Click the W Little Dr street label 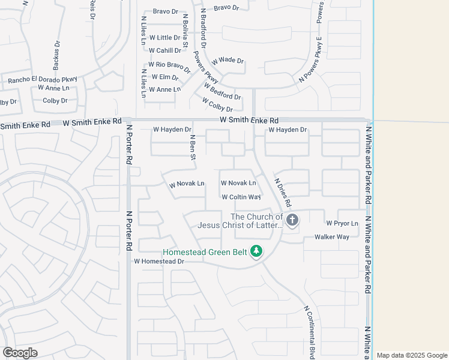(164, 38)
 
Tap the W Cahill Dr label (164, 51)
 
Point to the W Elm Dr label (165, 77)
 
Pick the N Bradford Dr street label (203, 28)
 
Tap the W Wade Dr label (228, 61)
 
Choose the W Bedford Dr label (222, 92)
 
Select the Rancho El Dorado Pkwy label (43, 79)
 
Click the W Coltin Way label (241, 197)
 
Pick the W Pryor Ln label (342, 224)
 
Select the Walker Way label (332, 237)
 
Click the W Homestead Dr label (158, 261)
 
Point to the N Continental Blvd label (309, 332)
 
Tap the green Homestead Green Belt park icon (256, 251)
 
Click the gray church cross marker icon (292, 220)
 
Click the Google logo (20, 353)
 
